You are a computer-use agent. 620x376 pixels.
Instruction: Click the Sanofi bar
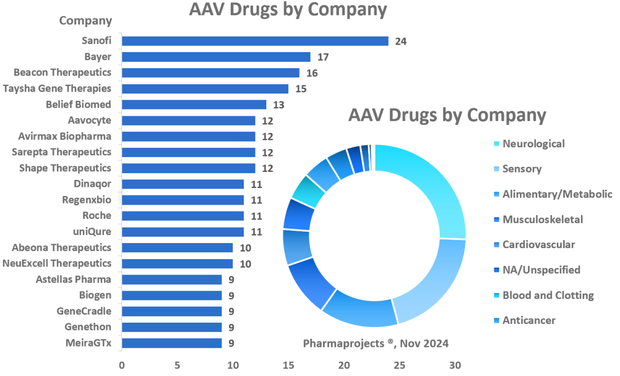coord(255,41)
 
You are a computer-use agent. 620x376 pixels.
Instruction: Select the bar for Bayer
coord(216,57)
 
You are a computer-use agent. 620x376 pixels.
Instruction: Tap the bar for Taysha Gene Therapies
coord(205,89)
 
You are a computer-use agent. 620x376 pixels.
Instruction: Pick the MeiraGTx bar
coord(172,343)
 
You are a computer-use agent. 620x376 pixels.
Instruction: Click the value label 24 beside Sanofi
coord(401,41)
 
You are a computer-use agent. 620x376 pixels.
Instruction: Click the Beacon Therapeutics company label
coord(63,73)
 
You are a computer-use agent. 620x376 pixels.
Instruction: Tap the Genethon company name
coord(88,327)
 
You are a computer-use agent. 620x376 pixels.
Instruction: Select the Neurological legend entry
coord(533,144)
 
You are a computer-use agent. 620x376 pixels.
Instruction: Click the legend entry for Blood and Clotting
coord(548,295)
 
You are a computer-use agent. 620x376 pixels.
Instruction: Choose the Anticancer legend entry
coord(529,320)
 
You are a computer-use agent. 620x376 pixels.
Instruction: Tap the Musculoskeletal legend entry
coord(542,220)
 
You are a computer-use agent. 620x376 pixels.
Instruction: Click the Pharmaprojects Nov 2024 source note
coord(375,344)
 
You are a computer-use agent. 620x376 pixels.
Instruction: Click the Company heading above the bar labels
coord(86,21)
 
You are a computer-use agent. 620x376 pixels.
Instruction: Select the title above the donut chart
coord(447,115)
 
